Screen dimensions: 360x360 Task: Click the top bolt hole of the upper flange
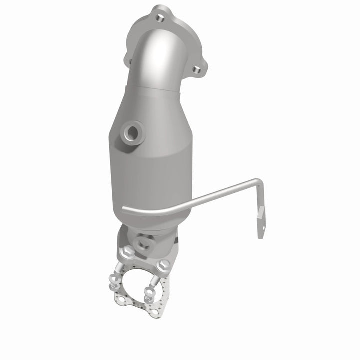(159, 18)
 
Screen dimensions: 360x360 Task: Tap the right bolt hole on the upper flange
(198, 70)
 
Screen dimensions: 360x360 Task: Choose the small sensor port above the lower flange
(145, 244)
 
